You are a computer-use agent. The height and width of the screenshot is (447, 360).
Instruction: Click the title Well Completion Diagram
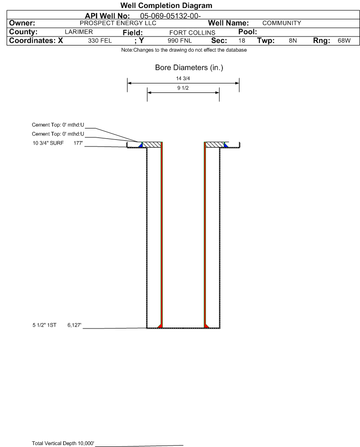coord(166,5)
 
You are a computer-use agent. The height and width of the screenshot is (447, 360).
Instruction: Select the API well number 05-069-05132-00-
coord(170,16)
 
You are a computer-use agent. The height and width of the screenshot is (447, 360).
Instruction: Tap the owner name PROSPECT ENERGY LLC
coord(118,23)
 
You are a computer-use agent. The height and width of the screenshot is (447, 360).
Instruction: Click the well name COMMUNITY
coord(282,23)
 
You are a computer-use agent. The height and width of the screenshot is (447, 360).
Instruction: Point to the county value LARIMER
coord(79,32)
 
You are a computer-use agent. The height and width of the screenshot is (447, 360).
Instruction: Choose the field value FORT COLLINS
coord(192,33)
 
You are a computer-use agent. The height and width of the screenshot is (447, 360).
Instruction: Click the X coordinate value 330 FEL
coord(100,40)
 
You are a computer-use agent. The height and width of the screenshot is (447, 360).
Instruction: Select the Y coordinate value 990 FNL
coord(180,40)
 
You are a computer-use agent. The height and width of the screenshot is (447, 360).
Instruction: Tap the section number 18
coord(241,40)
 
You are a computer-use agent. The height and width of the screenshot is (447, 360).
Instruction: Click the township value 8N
coord(293,40)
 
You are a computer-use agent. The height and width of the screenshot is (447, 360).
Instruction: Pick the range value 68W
coord(344,40)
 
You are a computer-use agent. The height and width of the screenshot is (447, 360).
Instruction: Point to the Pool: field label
coord(248,32)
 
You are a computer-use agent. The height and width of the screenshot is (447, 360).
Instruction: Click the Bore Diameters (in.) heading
coord(189,68)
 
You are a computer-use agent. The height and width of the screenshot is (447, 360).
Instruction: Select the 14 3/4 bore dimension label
coord(183,78)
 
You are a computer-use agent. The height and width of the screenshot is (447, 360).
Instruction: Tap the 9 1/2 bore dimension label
coord(183,88)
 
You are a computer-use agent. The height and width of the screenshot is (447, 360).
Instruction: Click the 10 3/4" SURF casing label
coord(48,143)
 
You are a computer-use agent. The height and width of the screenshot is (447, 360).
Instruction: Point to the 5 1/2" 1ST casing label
coord(45,325)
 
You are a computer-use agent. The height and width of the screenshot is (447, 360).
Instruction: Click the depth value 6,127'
coord(74,325)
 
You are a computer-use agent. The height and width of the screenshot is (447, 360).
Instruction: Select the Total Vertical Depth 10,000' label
coord(63,443)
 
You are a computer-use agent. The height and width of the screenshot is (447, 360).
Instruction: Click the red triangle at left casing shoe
coord(160,326)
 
